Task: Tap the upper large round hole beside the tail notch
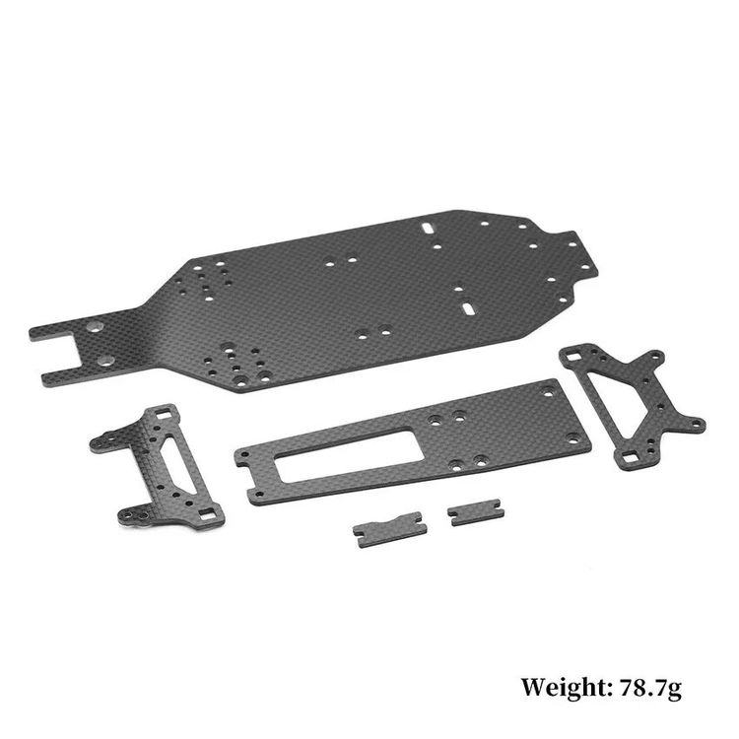tap(96, 326)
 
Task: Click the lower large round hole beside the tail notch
tap(105, 362)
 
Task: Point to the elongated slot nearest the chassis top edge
tap(429, 228)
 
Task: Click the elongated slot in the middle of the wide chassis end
tap(469, 308)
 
